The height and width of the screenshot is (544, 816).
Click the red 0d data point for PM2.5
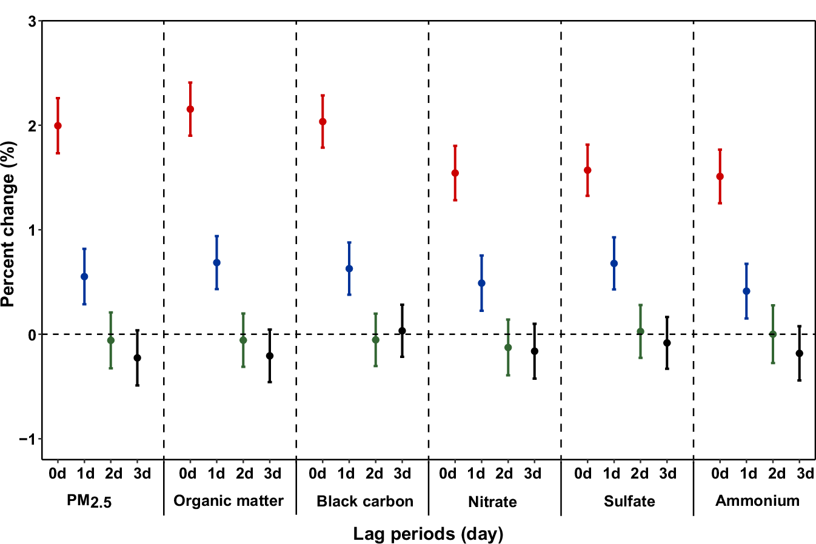point(58,126)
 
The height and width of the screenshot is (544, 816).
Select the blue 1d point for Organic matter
point(216,263)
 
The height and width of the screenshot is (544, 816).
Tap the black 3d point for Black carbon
point(402,331)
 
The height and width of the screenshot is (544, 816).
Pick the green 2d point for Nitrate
point(508,348)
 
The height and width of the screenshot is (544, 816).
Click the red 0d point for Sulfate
point(587,170)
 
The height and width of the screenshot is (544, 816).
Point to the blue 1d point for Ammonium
point(746,291)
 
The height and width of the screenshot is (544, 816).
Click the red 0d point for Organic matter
point(190,110)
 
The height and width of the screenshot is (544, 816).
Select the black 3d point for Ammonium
point(799,353)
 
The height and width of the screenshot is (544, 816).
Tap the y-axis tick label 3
point(32,22)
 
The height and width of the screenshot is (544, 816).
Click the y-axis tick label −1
point(28,439)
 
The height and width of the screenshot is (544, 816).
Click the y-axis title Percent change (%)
point(8,224)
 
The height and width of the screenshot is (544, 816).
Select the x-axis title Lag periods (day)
point(428,534)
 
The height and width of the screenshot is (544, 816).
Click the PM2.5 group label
point(89,501)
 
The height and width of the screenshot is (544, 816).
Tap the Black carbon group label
point(365,501)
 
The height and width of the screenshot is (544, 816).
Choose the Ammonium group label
point(757,501)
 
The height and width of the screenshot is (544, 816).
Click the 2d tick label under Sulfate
point(640,473)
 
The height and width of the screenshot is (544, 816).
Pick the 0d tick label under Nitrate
point(447,473)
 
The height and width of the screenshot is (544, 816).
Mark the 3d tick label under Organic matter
point(272,473)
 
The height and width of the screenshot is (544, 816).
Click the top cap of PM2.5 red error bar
point(58,98)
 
